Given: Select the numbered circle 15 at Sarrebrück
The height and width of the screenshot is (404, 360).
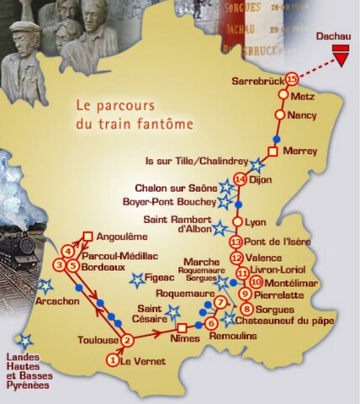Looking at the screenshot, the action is click(x=292, y=78).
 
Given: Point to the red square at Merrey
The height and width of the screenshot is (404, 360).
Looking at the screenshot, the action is click(x=272, y=151).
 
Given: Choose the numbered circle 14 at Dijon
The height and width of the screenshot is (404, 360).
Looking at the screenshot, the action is click(x=241, y=179).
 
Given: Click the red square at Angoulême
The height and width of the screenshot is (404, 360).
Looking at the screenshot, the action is click(x=87, y=237).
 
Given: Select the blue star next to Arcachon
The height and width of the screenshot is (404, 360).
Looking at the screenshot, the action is click(x=44, y=286).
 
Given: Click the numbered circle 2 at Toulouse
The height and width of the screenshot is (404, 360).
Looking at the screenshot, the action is click(x=127, y=340).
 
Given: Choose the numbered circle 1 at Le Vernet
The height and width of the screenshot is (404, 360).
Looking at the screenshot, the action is click(x=113, y=360).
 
